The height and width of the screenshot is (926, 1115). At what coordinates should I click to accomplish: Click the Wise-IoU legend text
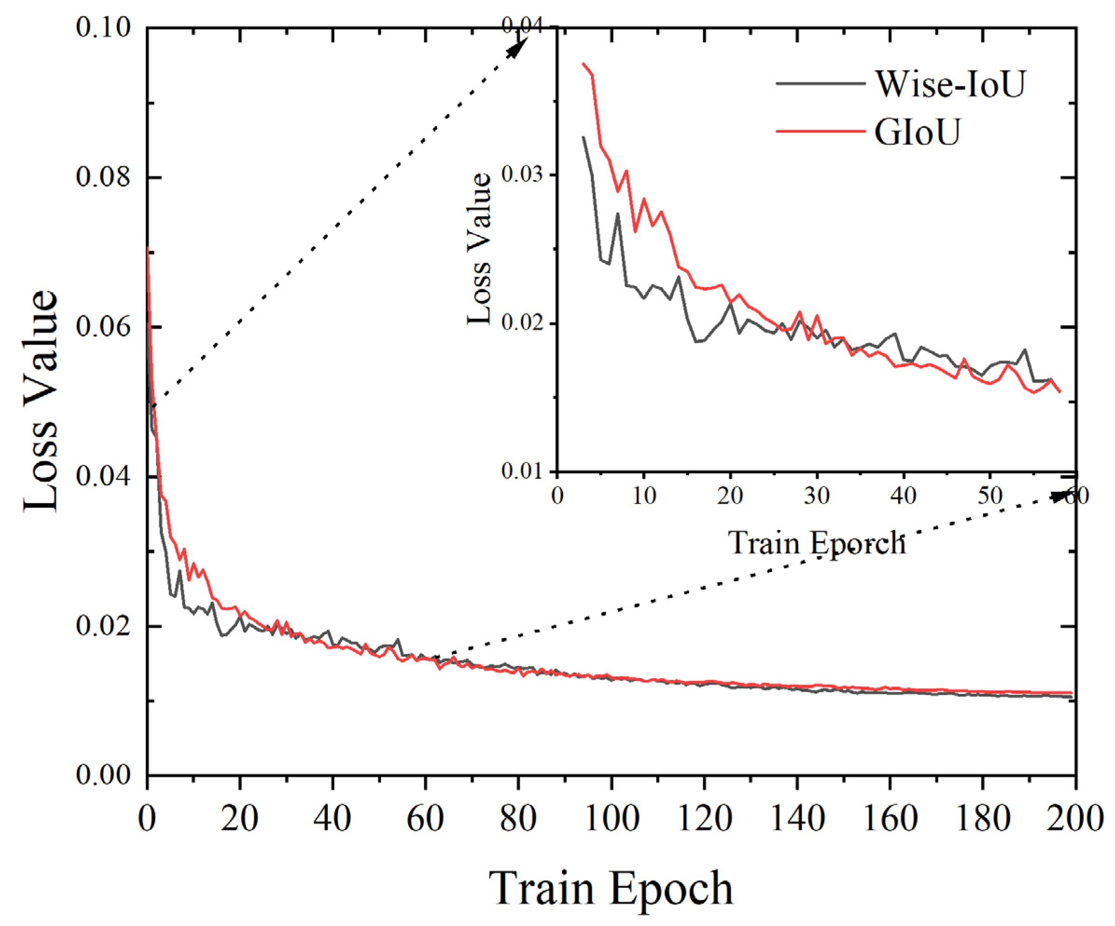(950, 84)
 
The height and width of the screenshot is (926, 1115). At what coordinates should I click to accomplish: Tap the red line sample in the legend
(820, 131)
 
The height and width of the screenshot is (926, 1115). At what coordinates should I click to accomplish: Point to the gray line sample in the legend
(820, 83)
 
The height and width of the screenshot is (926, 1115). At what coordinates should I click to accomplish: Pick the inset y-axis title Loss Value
(479, 249)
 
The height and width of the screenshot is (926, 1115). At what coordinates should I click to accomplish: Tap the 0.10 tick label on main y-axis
(103, 28)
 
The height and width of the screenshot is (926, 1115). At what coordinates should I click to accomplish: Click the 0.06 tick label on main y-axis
(103, 327)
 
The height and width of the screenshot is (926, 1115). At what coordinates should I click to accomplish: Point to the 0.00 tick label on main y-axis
(103, 776)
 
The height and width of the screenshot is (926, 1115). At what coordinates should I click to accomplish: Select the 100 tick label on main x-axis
(612, 819)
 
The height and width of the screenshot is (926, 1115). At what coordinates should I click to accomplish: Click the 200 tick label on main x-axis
(1078, 819)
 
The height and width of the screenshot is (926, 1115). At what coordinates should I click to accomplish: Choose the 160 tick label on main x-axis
(890, 819)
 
